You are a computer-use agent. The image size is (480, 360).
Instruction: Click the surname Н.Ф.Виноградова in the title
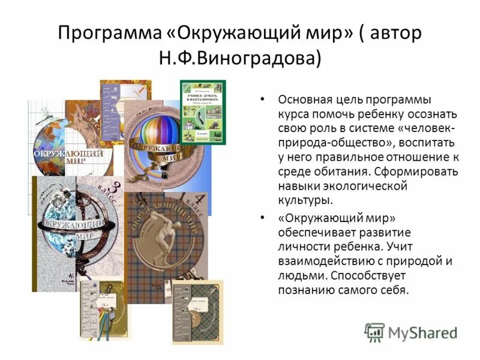[239, 58]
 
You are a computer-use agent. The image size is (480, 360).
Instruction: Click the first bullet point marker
[262, 100]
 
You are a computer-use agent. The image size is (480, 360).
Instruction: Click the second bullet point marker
[262, 217]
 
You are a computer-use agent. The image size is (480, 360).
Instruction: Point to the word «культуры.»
[305, 200]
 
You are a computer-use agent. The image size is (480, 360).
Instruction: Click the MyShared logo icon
[374, 332]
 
